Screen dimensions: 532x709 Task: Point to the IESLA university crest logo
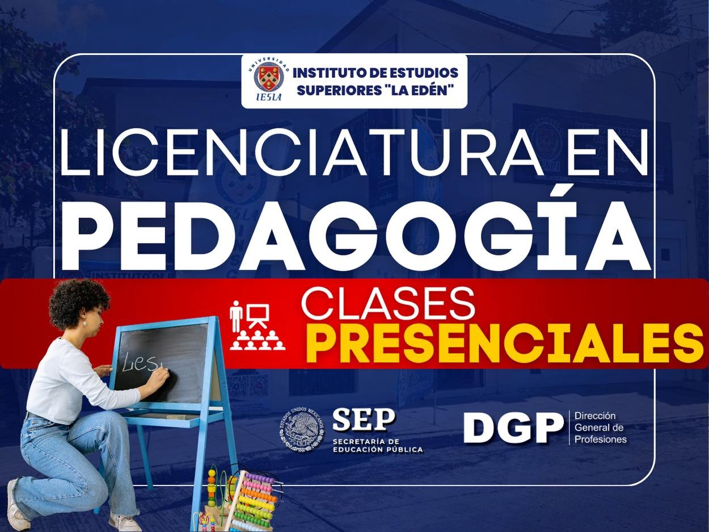269,78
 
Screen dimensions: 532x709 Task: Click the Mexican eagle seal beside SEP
302,431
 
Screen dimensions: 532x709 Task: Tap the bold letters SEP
364,421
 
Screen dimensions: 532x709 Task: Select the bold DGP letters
513,428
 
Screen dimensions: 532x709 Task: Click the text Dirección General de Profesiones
600,428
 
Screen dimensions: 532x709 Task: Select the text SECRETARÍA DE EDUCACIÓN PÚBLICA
377,445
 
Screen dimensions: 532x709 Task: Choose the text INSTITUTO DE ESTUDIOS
375,73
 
